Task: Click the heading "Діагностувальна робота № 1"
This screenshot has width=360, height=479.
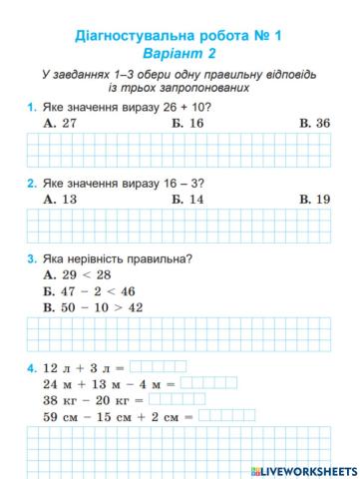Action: (x=180, y=34)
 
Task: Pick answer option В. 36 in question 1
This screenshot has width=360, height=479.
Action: (x=314, y=122)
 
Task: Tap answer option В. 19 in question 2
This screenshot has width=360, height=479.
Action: (x=314, y=199)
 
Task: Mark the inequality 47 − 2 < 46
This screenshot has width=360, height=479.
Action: (x=89, y=291)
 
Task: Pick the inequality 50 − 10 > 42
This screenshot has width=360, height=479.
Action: (x=95, y=308)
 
